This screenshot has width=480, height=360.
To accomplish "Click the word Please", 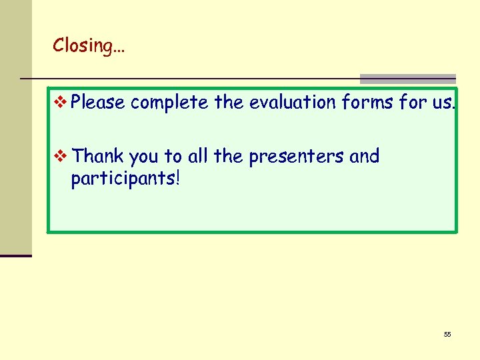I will pos(98,103).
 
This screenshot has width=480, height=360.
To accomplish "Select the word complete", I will pos(170,103).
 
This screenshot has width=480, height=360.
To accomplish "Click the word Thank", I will pos(98,156).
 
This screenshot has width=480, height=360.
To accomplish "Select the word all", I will pos(198,156).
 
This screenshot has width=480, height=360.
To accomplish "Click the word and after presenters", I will pos(364,156).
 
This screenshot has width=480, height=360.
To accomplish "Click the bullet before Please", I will pos(61,103).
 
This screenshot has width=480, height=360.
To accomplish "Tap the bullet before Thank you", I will pos(61,156).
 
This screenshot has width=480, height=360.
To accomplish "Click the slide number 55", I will pos(447,334).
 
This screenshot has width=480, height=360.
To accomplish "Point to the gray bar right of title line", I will pos(408,79).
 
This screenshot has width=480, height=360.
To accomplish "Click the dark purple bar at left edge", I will pos(15,255).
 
